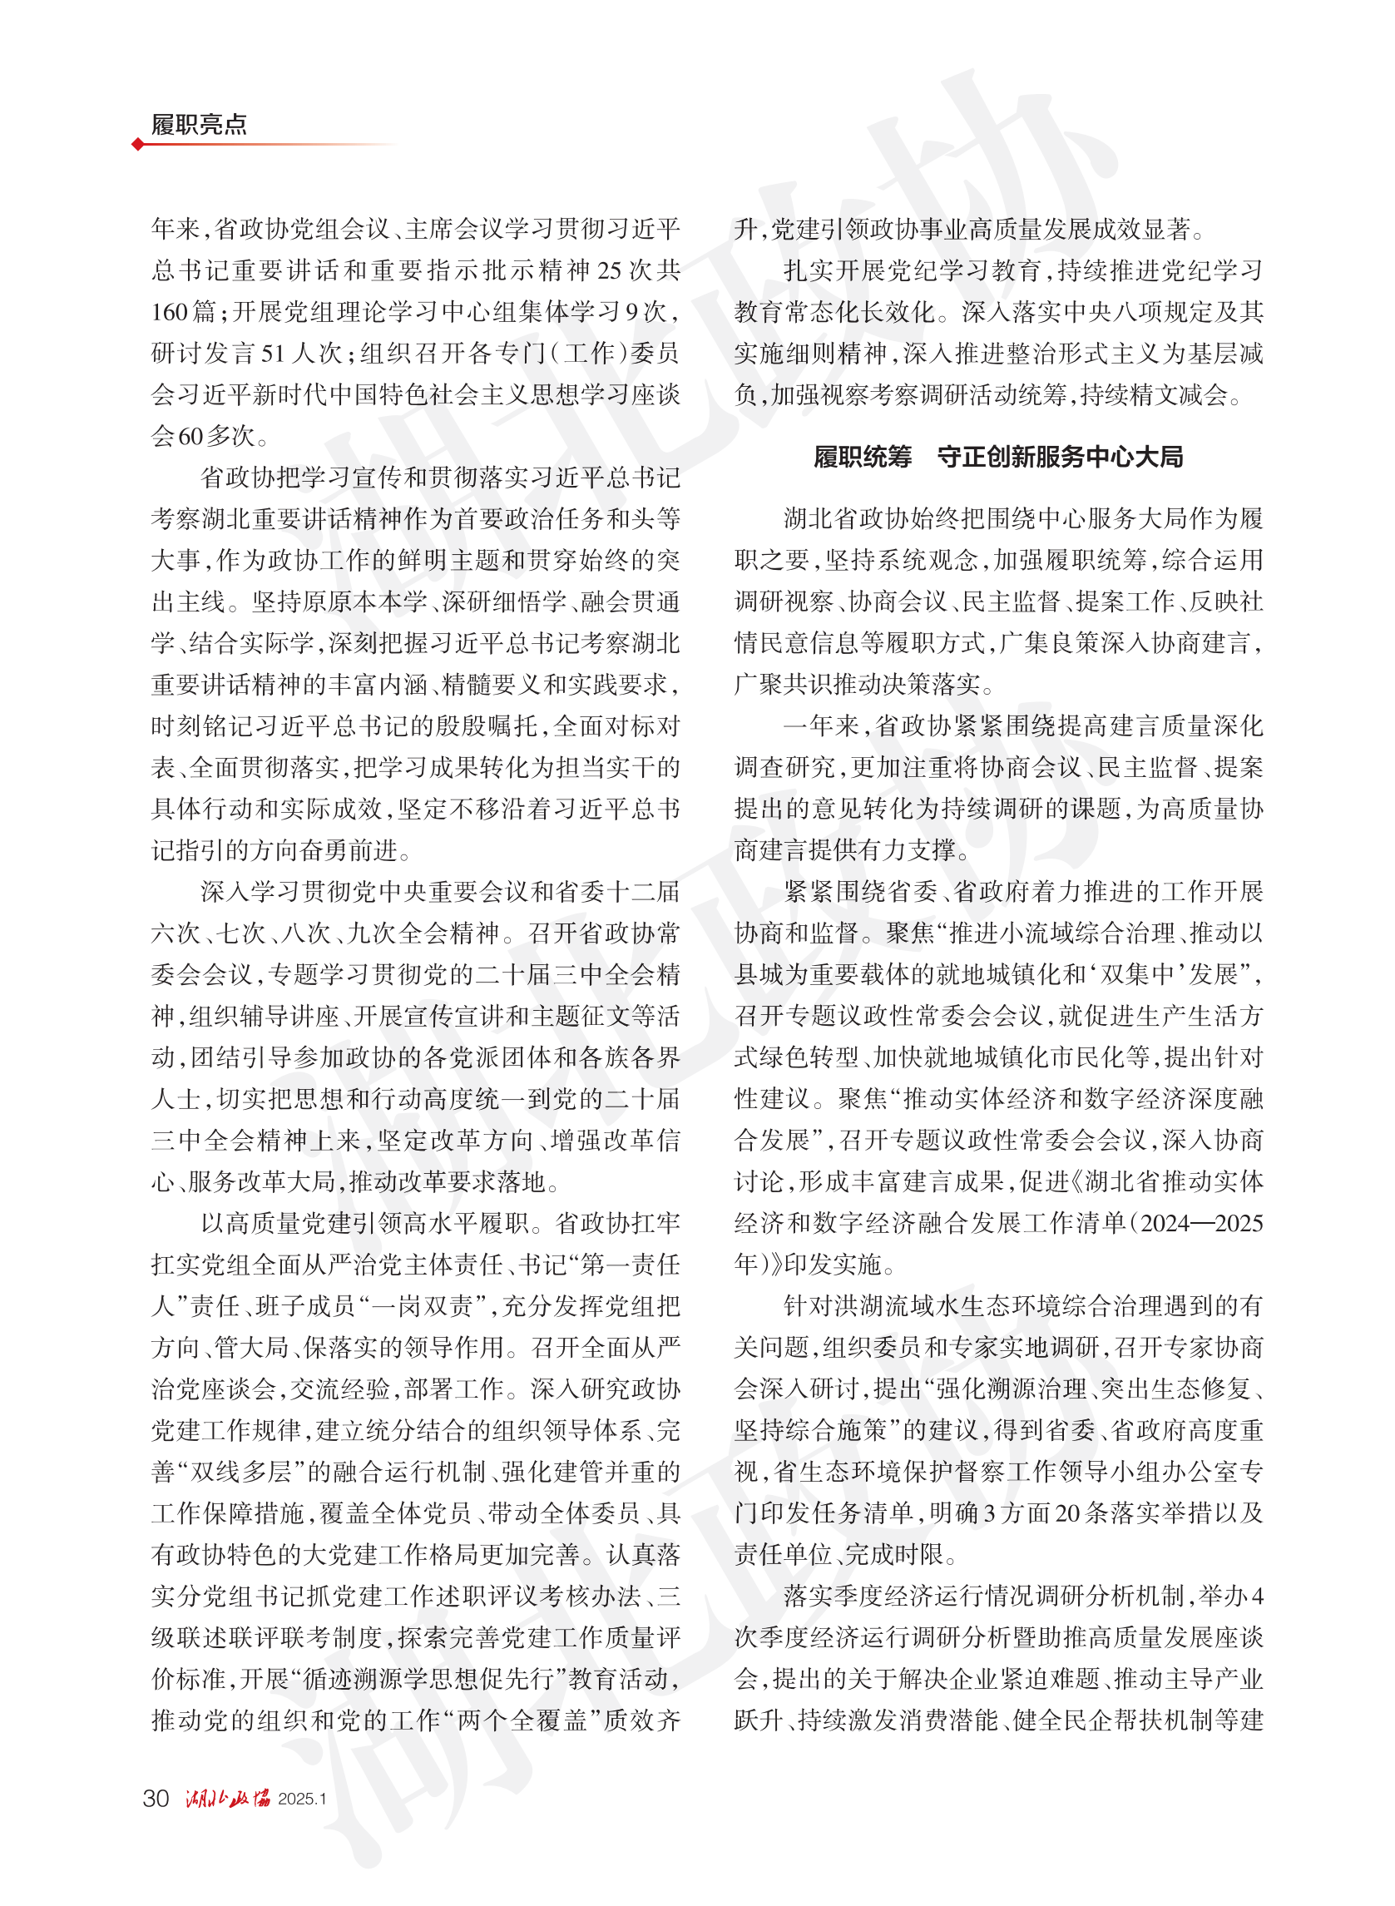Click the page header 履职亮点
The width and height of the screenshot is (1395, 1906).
(200, 124)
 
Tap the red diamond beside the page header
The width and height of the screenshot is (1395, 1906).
(137, 145)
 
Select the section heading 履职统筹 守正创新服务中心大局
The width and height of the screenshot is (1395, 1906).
(998, 457)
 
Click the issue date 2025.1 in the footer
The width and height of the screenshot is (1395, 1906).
(301, 1799)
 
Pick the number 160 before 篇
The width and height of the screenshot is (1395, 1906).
(170, 312)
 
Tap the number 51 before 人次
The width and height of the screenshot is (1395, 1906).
(273, 353)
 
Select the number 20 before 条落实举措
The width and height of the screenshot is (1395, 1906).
(1067, 1513)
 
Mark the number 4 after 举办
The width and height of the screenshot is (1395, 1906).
(1258, 1596)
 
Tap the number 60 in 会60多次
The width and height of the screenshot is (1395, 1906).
(190, 436)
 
